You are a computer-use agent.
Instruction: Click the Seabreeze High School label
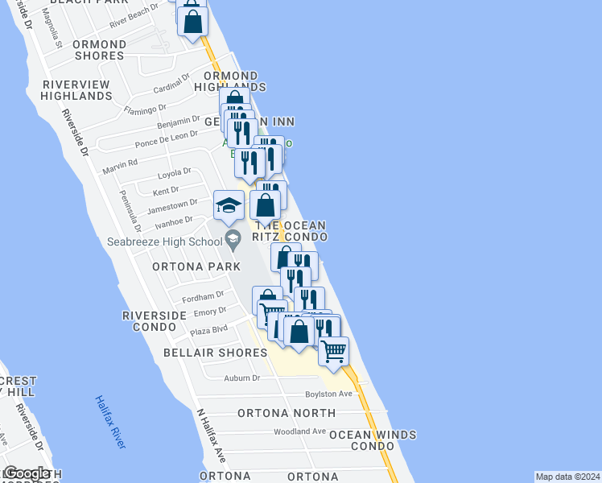coord(164,242)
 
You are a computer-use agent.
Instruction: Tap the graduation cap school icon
coord(229,206)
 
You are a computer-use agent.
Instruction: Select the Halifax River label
coord(109,422)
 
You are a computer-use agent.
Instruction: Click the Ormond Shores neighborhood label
coord(99,50)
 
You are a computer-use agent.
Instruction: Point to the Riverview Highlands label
coord(77,90)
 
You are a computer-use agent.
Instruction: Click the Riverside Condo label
coord(149,321)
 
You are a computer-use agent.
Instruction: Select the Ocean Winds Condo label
coord(372,440)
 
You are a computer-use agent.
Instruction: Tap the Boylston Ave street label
coord(328,394)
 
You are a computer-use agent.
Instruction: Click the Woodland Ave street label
coord(299,431)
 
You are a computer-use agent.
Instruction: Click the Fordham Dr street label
coord(203,296)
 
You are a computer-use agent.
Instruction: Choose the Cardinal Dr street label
coord(171,84)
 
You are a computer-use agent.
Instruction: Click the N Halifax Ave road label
coord(212,435)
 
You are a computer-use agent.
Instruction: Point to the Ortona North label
coord(287,413)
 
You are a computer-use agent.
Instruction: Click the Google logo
coord(27,474)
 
